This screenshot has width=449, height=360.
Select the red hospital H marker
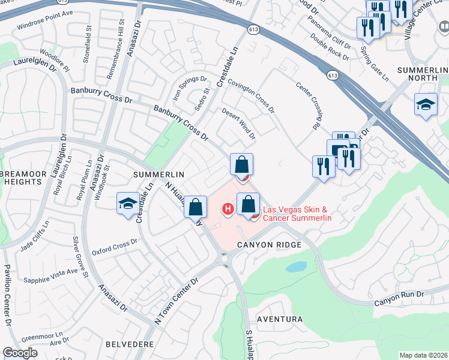(228, 209)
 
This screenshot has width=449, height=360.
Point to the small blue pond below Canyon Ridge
(296, 267)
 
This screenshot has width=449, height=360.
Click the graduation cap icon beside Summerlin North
(426, 106)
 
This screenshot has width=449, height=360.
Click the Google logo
(20, 352)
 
